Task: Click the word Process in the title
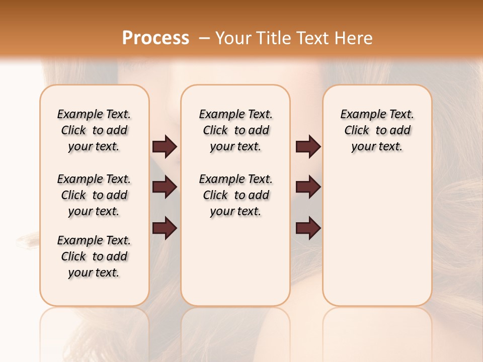coord(155,38)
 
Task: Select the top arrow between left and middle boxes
coord(165,147)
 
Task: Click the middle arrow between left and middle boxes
coord(165,188)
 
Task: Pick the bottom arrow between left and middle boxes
coord(165,229)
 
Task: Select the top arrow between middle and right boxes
coord(308,147)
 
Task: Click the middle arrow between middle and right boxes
coord(308,188)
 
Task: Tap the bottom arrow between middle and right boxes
coord(308,229)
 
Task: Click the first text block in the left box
coord(94,130)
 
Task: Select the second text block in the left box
coord(94,195)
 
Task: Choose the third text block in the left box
coord(94,256)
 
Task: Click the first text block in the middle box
coord(235,130)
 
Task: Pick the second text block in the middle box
coord(235,195)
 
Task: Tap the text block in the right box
coord(377,130)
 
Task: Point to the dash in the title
coord(204,39)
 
